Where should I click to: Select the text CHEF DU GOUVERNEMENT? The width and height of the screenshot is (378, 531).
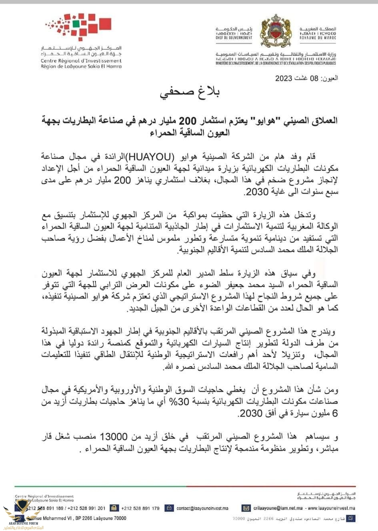(x=234, y=38)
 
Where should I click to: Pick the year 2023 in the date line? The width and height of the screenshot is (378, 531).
(x=284, y=78)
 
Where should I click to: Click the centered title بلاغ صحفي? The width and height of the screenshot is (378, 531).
(x=190, y=93)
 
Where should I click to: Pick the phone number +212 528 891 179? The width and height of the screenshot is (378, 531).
(x=140, y=508)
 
